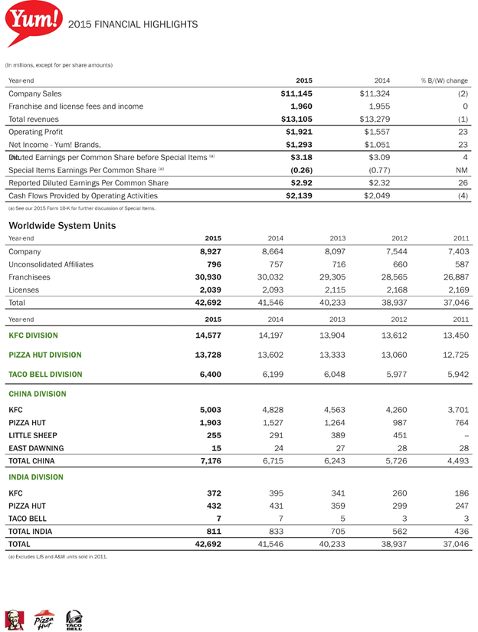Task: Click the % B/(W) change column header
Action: (x=444, y=80)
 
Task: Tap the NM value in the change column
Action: (x=461, y=169)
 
